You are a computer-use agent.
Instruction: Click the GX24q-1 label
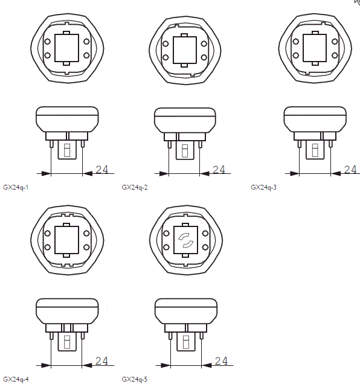16,188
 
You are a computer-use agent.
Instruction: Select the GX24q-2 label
135,188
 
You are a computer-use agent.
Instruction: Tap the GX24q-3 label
263,188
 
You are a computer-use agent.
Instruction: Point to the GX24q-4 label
16,380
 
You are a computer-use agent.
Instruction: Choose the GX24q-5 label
135,380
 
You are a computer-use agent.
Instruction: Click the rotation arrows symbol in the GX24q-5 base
186,240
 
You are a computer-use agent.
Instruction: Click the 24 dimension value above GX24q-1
101,169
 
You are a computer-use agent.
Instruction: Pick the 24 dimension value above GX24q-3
350,169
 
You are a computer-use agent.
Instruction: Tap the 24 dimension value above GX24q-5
221,361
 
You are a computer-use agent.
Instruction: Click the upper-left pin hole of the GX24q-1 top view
48,42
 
